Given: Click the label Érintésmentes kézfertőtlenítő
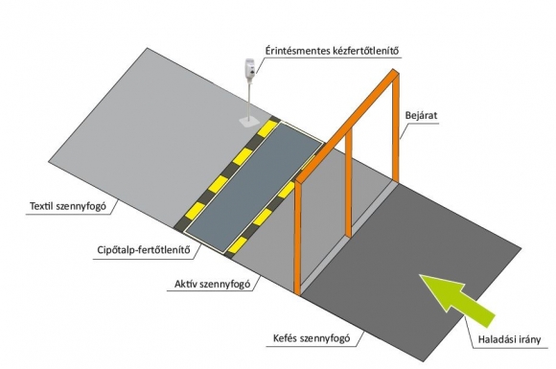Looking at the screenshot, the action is coord(332,51).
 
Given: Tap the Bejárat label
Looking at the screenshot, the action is coord(421,116).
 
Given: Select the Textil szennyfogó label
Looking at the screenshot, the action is coord(68,206).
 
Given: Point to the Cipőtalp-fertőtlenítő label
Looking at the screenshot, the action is coord(144,250).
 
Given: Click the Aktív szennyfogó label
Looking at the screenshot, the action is coord(213,284).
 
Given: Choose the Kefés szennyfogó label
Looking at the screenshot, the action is coord(312,338).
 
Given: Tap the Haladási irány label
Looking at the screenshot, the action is coord(510,339).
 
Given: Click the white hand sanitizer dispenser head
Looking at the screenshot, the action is coord(249,66).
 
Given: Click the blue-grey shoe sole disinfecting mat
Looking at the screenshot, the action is coord(255,187).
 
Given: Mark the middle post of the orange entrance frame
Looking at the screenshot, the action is coord(349,182).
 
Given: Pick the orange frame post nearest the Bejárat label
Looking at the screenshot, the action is coord(396,127).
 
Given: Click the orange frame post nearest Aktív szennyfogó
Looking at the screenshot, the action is coord(297,239).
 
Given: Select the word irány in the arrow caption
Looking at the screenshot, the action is coord(529,340).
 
